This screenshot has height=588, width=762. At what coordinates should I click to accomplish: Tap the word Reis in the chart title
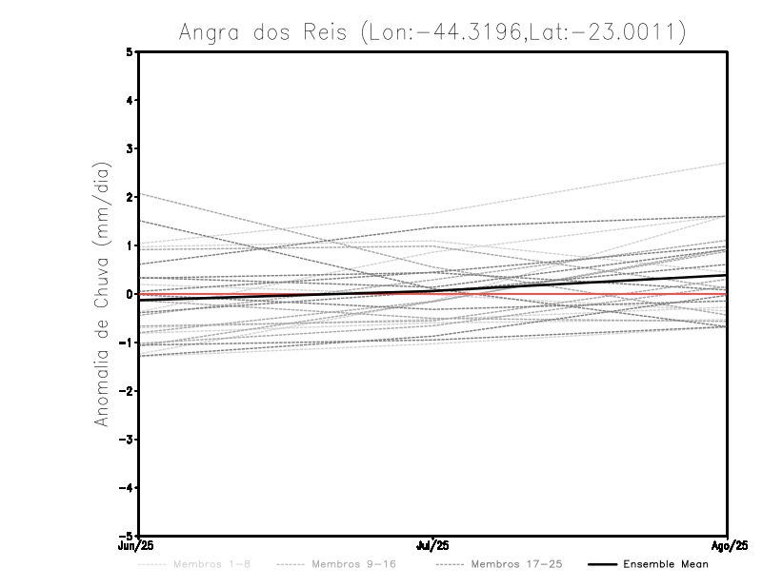330,33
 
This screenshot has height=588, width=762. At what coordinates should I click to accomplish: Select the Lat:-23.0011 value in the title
614,33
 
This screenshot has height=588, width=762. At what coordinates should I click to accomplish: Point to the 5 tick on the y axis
130,52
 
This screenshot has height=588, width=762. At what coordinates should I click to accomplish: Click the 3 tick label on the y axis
130,148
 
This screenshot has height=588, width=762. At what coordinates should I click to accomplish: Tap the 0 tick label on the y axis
130,294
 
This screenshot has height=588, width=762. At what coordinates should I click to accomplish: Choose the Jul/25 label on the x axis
433,546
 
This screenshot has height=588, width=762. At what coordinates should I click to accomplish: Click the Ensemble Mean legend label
666,564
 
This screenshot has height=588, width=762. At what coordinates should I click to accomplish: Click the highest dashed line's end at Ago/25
727,163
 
